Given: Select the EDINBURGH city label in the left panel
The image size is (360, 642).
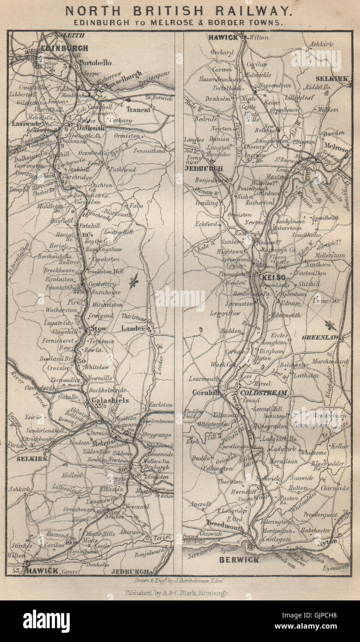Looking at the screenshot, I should coord(64,48).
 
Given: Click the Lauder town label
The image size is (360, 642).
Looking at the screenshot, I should coord(133,328).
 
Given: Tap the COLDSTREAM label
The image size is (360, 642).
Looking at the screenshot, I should coord(263,393).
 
